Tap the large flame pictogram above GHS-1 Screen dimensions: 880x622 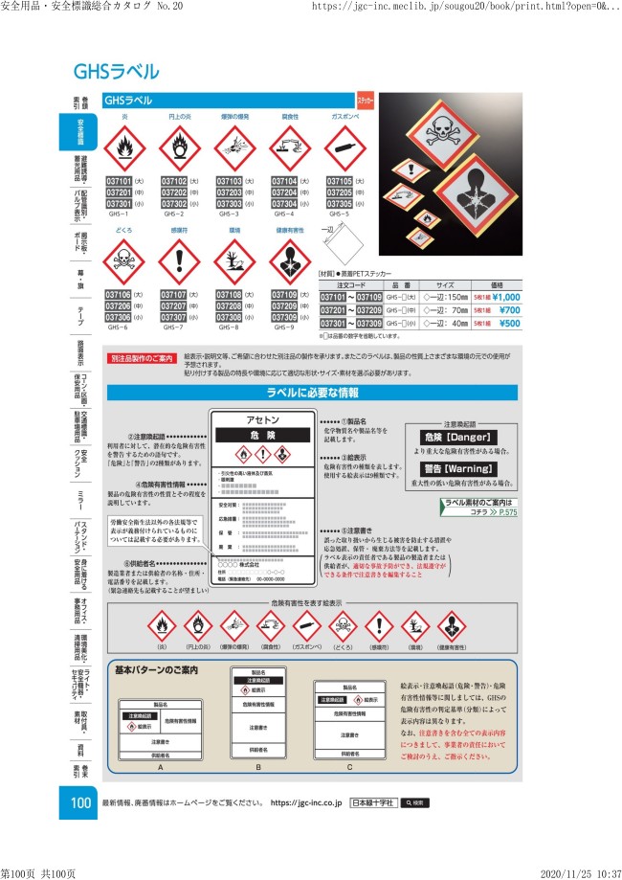tap(120, 148)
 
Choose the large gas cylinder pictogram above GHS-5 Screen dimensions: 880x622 tap(344, 148)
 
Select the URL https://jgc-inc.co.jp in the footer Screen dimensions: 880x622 tap(306, 801)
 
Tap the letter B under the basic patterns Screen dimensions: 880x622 tap(258, 767)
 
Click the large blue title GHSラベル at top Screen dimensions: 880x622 tap(116, 72)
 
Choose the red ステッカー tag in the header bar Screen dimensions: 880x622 tap(365, 99)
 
